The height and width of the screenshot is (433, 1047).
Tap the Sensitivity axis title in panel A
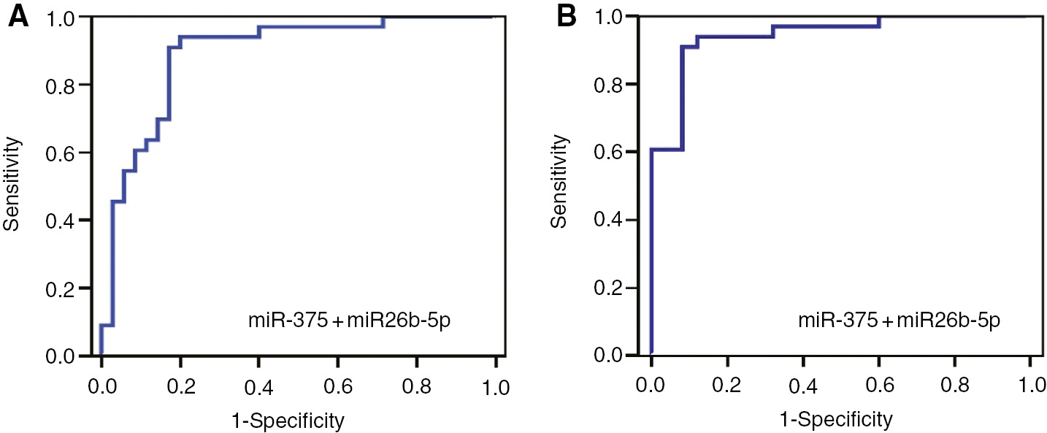11,186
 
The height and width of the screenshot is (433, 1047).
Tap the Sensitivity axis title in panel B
560,186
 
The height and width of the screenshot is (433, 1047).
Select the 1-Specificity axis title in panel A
298,420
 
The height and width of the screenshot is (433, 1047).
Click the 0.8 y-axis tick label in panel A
62,85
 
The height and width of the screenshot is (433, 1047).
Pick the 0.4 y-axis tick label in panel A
62,220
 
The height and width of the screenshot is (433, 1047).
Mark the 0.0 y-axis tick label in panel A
62,356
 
